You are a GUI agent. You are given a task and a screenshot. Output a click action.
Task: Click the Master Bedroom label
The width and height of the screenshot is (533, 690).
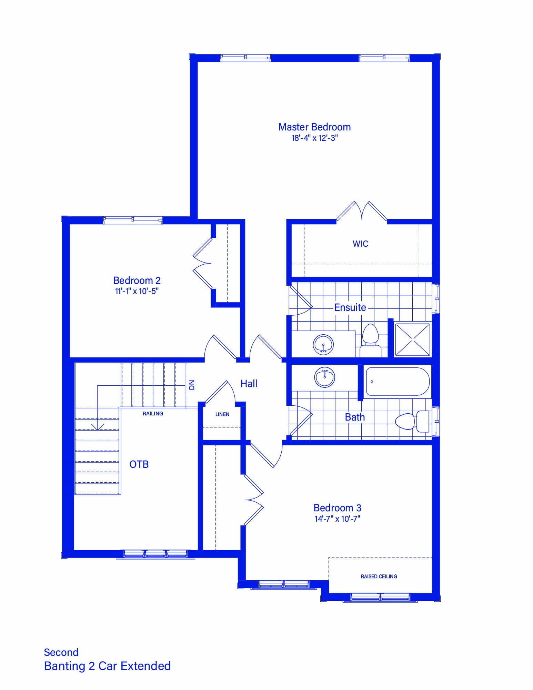tap(314, 127)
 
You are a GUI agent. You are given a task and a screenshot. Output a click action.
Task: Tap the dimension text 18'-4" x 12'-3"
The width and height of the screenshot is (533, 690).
tap(314, 138)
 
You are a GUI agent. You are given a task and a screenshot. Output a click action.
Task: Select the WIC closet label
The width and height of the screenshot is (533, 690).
tap(360, 244)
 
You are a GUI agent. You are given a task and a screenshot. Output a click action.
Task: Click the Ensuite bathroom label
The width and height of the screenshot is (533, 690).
tap(350, 307)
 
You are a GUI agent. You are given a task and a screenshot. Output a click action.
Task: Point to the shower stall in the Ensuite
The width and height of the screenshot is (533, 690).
tap(413, 339)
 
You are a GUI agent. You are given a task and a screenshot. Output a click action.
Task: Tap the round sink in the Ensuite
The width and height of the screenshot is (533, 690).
tap(323, 345)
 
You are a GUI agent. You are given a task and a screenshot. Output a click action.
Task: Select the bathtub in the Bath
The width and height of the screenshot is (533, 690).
tap(398, 381)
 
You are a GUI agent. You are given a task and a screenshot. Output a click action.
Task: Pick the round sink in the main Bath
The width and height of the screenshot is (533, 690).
tap(324, 377)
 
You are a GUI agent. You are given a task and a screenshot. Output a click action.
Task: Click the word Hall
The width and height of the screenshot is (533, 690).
tap(249, 384)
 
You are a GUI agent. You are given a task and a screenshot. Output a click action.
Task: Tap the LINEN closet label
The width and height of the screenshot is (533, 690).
tap(222, 414)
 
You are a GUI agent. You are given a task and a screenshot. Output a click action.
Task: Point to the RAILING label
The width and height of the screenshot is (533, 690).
tap(153, 414)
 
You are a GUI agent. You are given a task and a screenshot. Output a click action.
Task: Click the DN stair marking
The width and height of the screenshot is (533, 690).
tap(192, 385)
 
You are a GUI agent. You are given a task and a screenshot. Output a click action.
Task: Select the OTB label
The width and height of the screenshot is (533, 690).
tap(139, 464)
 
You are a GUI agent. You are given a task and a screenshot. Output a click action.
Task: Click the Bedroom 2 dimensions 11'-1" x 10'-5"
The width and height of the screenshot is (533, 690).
tap(137, 291)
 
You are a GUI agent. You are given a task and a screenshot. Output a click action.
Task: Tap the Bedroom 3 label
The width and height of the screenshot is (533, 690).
tap(337, 508)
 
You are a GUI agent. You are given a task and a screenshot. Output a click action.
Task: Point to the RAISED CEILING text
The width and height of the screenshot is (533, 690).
tap(379, 576)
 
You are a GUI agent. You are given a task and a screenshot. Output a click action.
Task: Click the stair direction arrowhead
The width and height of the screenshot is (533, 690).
tap(98, 427)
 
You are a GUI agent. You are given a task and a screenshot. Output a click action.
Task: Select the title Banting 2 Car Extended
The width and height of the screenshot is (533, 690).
tap(107, 666)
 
